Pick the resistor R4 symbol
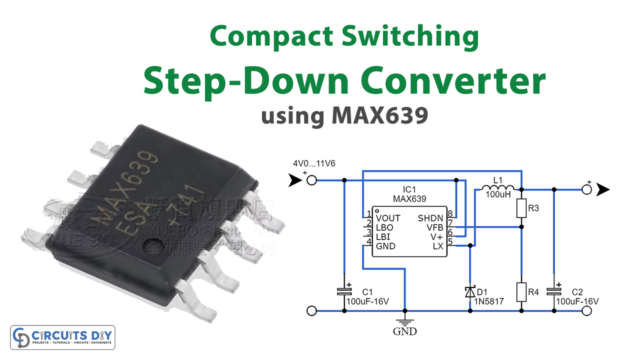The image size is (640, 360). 519,292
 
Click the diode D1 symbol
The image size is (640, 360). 469,292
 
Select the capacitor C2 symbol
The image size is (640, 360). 559,291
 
